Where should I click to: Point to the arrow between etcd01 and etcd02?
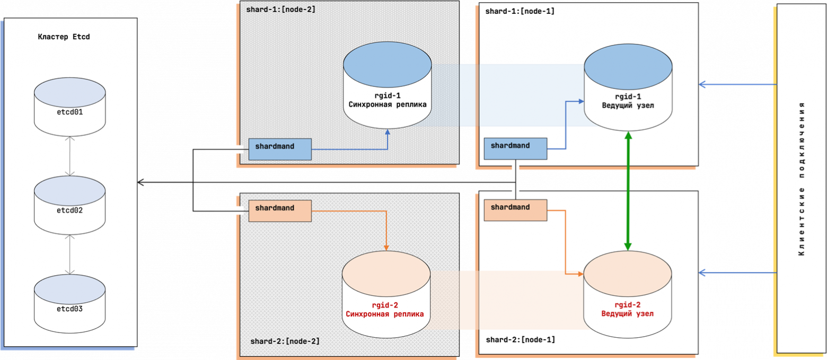tap(69, 156)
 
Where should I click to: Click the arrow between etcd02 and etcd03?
tap(69, 254)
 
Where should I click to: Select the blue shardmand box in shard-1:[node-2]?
tap(280, 149)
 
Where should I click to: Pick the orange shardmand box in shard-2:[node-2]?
tap(280, 210)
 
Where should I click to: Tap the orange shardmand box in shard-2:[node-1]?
tap(515, 210)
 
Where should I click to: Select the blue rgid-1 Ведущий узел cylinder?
tap(628, 90)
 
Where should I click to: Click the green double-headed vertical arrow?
tap(628, 191)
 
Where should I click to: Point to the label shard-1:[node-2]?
tap(280, 10)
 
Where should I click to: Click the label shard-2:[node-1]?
tap(520, 339)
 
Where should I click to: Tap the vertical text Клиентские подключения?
tap(801, 179)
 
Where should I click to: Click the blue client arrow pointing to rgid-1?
tap(737, 84)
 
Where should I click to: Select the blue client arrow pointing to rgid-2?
tap(737, 273)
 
